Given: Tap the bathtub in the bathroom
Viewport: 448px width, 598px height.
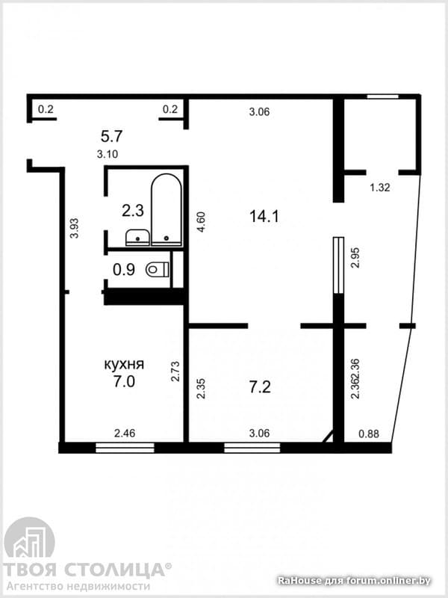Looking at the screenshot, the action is click(167, 209).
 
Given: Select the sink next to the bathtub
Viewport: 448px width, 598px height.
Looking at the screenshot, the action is click(137, 238).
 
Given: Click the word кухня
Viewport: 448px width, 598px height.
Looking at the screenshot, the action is click(124, 364).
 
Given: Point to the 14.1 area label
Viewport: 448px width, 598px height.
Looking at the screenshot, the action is click(264, 216).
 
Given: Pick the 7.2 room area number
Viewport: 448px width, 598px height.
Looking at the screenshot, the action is click(260, 387).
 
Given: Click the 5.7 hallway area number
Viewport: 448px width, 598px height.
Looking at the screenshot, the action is click(111, 136).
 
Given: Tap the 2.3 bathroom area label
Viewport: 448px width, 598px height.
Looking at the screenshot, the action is click(133, 210).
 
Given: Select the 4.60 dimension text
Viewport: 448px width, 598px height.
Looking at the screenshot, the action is click(201, 221).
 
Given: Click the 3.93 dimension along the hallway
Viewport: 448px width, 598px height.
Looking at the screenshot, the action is click(74, 228).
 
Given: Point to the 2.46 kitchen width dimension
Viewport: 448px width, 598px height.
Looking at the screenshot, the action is click(125, 434).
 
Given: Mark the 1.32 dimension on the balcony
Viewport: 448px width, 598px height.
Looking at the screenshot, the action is click(380, 188).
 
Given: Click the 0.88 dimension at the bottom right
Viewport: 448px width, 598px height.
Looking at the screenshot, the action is click(369, 434).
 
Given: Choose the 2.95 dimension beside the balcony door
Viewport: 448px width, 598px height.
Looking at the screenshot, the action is click(355, 258).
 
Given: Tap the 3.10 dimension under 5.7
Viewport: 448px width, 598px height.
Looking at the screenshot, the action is click(108, 154).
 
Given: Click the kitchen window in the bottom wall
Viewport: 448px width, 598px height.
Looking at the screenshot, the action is click(125, 447).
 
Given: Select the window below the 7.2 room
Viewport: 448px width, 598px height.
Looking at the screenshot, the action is click(252, 447).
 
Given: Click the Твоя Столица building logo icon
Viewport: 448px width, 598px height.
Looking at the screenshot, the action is click(29, 538).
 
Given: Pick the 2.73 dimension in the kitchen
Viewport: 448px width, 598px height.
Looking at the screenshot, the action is click(175, 372).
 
